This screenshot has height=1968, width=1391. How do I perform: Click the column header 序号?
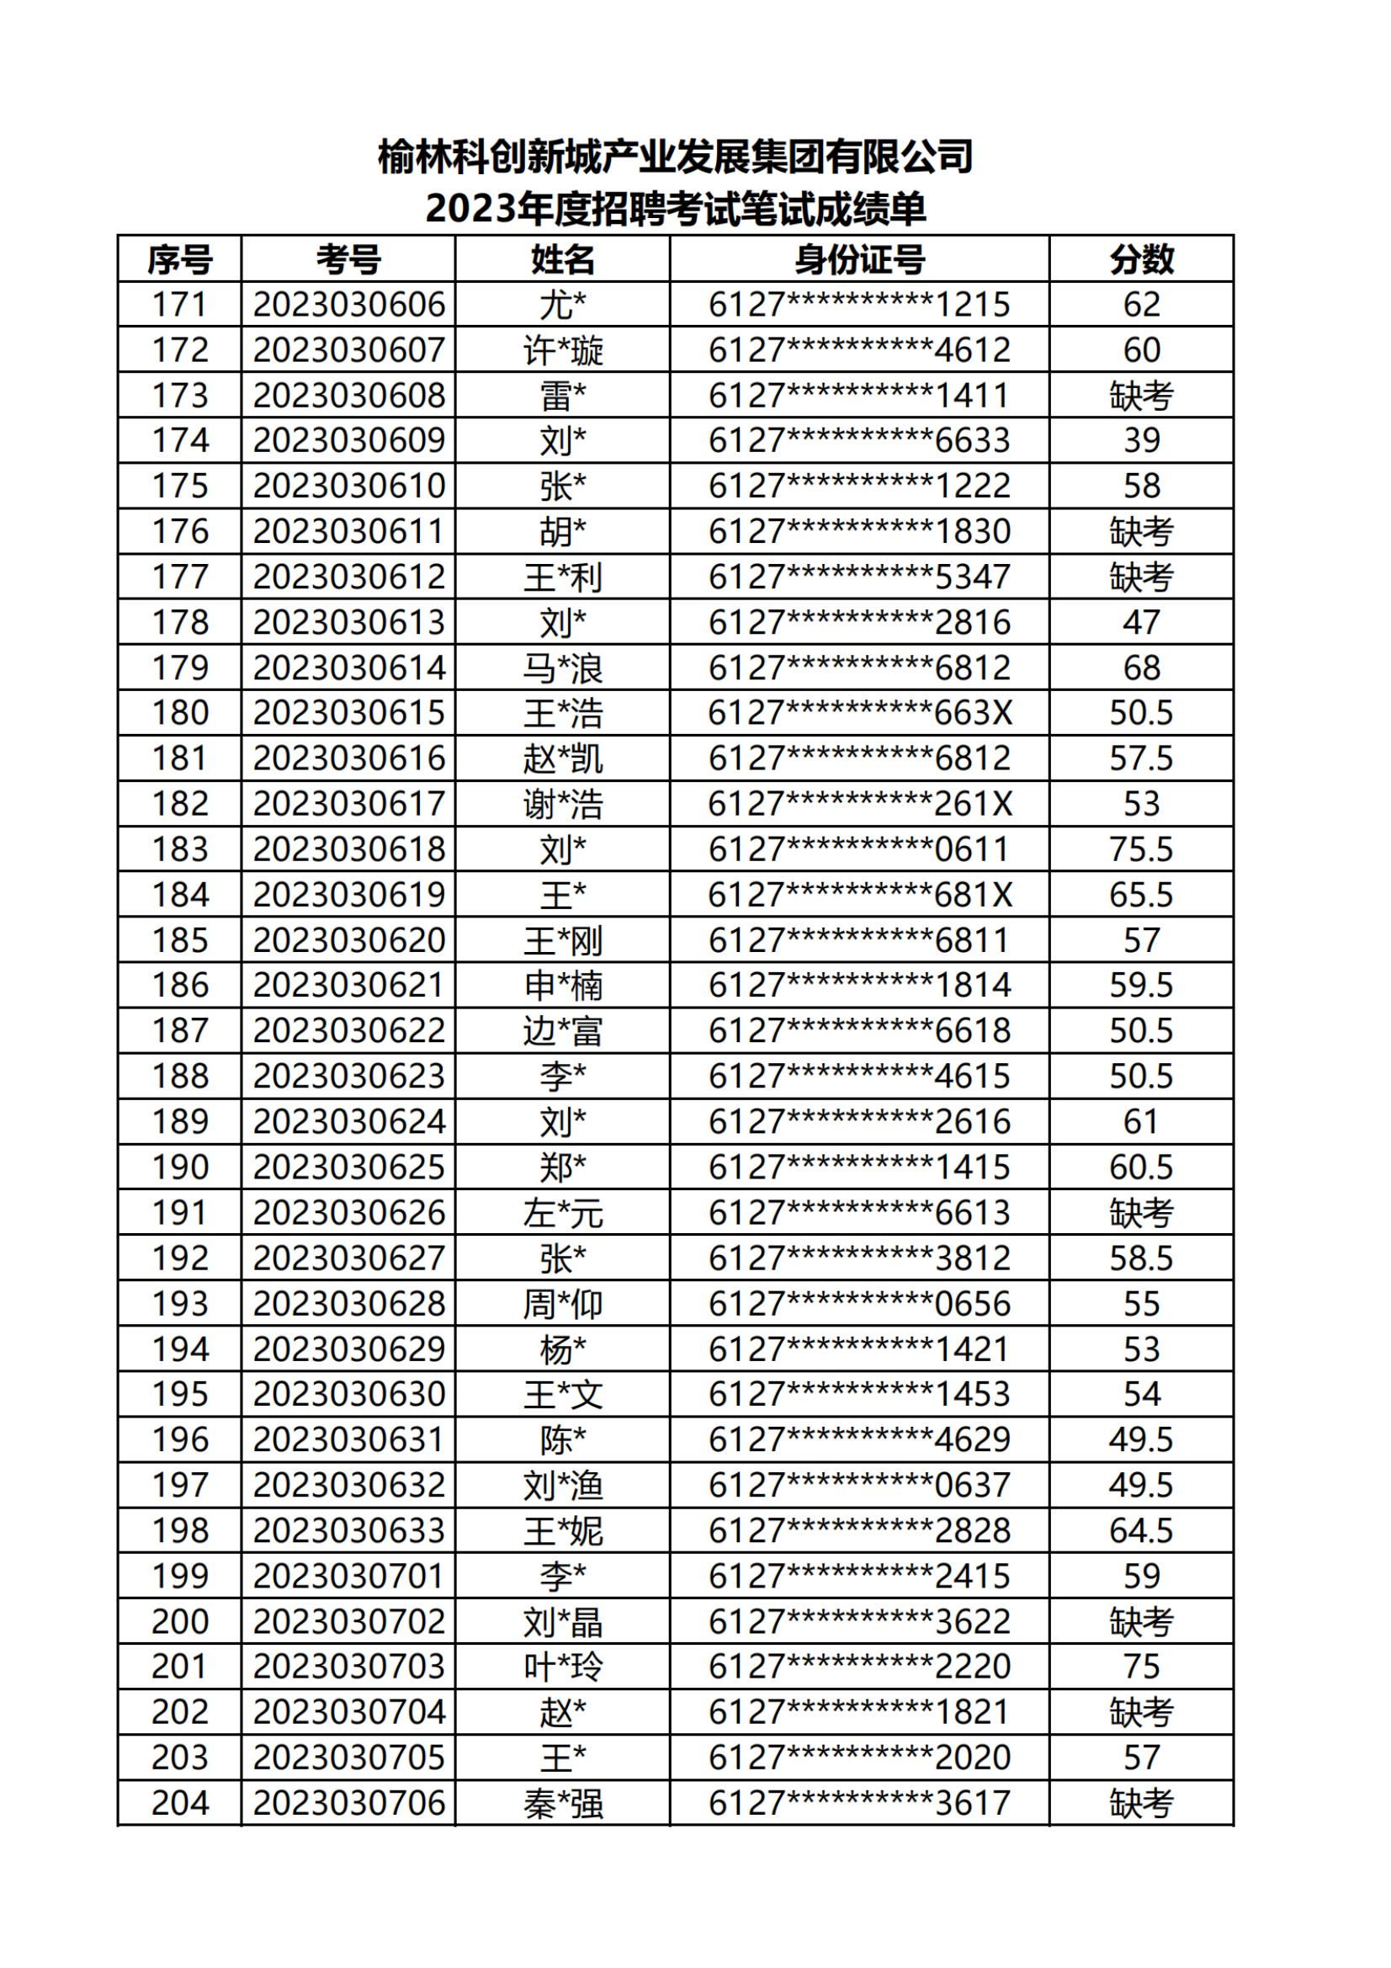pyautogui.click(x=179, y=260)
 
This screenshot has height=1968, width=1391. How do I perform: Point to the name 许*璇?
pyautogui.click(x=563, y=350)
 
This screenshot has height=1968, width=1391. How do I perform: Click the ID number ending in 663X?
pyautogui.click(x=860, y=713)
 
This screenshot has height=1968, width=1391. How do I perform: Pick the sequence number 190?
pyautogui.click(x=180, y=1168)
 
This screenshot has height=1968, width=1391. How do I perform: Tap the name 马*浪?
pyautogui.click(x=563, y=668)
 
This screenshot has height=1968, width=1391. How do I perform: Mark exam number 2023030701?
pyautogui.click(x=349, y=1577)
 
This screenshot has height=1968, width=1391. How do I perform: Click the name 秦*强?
pyautogui.click(x=563, y=1803)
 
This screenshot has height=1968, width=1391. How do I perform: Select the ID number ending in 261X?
pyautogui.click(x=860, y=804)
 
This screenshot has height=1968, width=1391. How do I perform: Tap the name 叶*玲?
pyautogui.click(x=563, y=1667)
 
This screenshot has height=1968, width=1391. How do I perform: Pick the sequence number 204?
pyautogui.click(x=180, y=1803)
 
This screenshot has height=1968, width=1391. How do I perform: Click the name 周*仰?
pyautogui.click(x=563, y=1304)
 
